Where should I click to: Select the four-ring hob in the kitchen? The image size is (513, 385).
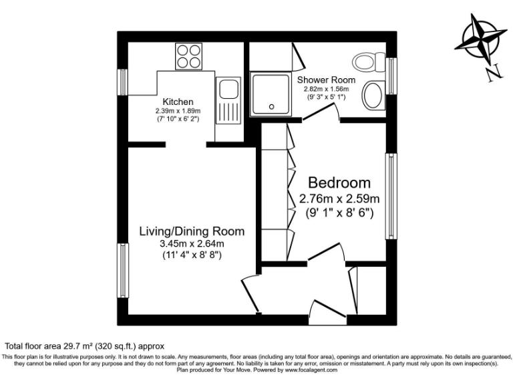(x=189, y=55)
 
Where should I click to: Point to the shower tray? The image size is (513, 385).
(x=271, y=94)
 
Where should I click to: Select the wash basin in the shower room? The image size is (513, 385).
(x=372, y=95)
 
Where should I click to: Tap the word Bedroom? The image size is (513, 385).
(x=339, y=182)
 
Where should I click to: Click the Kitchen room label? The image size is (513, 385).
(x=178, y=102)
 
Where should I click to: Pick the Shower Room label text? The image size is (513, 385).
(x=327, y=80)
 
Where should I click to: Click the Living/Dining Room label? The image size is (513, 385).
(x=192, y=231)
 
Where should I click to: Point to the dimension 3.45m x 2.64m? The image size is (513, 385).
(x=192, y=243)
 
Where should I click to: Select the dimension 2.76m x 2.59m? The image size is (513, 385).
(x=339, y=199)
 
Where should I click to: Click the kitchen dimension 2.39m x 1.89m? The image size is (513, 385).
(x=178, y=110)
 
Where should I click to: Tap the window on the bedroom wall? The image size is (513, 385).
(x=391, y=196)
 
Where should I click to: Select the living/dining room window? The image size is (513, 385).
(x=123, y=269)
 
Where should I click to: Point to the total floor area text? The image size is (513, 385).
(x=84, y=346)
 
